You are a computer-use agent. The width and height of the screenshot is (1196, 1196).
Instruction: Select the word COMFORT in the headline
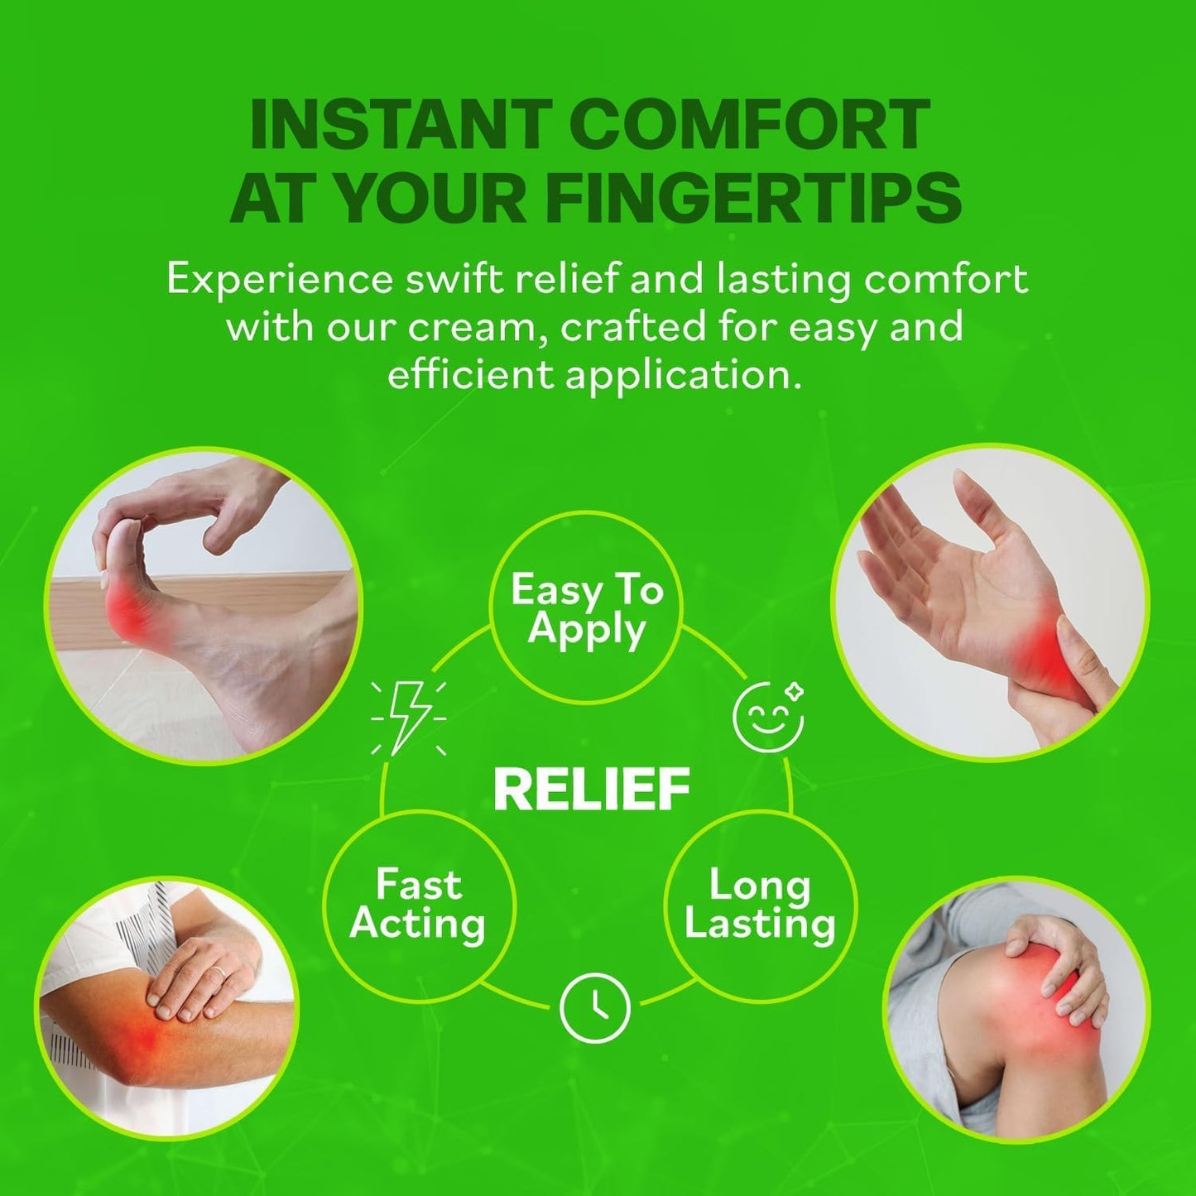pos(753,126)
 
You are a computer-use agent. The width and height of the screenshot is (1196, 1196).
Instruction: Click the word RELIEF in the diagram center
pos(592,788)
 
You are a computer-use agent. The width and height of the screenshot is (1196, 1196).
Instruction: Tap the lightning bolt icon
pos(408,718)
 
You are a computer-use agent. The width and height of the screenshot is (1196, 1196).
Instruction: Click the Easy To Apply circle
pos(587,608)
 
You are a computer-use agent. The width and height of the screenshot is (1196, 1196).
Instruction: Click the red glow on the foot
pos(127,612)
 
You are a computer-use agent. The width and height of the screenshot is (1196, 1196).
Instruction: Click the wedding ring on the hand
pos(219,972)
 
